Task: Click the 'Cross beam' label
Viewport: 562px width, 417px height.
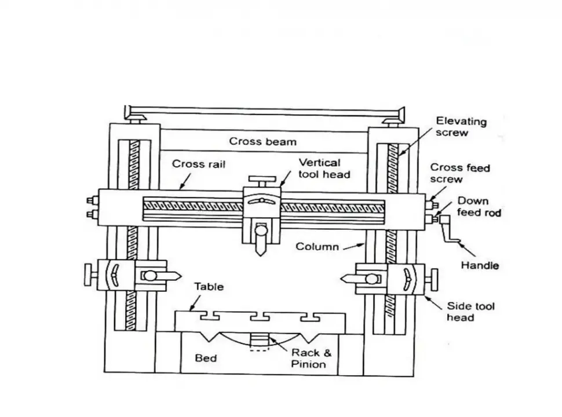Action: tap(262, 141)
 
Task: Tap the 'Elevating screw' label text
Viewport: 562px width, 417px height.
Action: tap(461, 127)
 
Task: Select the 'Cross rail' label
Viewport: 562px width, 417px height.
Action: tap(199, 164)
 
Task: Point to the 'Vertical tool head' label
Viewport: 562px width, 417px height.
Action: tap(319, 168)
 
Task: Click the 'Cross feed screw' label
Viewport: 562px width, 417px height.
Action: tap(459, 173)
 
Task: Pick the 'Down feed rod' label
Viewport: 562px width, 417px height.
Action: tap(479, 207)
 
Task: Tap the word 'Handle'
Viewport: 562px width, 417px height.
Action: tap(479, 266)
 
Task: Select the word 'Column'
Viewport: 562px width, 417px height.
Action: tap(317, 247)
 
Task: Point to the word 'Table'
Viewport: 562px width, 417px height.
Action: tap(209, 286)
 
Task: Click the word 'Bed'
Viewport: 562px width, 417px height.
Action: tap(206, 358)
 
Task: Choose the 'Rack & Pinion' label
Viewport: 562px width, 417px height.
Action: tap(308, 358)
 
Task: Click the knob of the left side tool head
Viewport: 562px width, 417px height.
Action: tap(89, 274)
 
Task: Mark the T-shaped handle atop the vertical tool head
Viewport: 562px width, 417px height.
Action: tap(260, 177)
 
